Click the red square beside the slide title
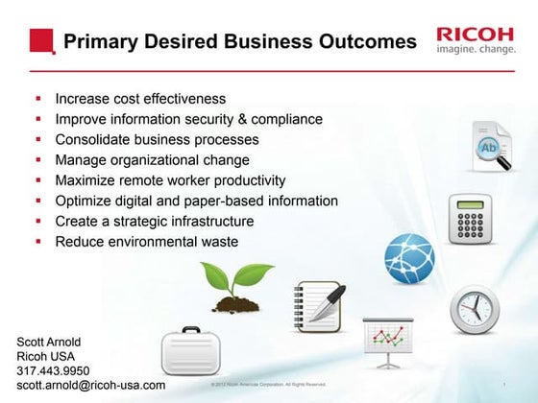tap(42, 41)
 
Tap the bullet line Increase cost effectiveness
tap(140, 99)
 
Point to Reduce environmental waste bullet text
tap(146, 242)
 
